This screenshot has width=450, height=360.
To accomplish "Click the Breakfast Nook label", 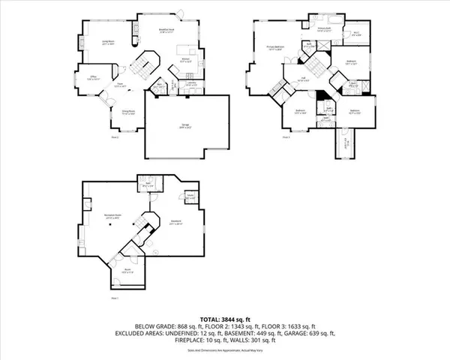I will [x=166, y=31].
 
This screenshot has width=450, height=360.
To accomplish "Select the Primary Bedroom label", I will [x=276, y=48].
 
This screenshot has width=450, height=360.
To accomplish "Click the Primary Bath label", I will [x=324, y=29].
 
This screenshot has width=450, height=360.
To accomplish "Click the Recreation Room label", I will [x=112, y=216].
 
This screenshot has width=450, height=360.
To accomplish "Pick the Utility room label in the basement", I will [x=191, y=197].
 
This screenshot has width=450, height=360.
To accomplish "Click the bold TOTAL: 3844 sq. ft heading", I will [x=224, y=319].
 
